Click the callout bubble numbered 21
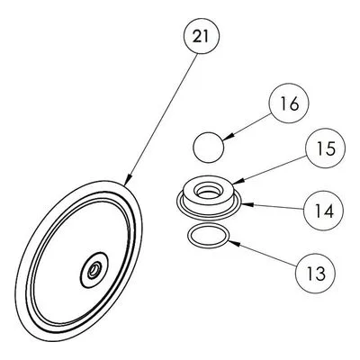(202, 36)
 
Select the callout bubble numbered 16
(289, 103)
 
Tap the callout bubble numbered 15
(325, 149)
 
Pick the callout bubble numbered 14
(323, 211)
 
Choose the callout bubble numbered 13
(315, 274)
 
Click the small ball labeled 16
(208, 148)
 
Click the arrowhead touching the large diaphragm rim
(127, 180)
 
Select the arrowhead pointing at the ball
(228, 137)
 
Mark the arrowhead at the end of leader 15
(235, 182)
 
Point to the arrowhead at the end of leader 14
(247, 204)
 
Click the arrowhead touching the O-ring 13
(234, 243)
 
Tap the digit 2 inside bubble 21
(197, 36)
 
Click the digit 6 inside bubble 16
(293, 103)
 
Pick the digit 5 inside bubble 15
(330, 149)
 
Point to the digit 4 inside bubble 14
(328, 211)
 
